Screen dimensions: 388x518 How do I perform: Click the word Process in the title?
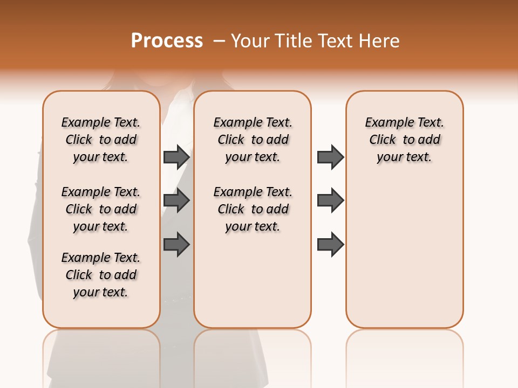[167, 41]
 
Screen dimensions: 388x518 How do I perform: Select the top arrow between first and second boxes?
[176, 157]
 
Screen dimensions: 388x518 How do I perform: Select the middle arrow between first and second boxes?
[176, 200]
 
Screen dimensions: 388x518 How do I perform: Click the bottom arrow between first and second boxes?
[176, 245]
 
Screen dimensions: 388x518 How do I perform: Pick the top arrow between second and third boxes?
[330, 157]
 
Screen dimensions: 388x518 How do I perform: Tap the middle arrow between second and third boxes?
[330, 200]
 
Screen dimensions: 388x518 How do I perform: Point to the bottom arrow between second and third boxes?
[330, 245]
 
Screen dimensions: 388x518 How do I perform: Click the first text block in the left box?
[101, 140]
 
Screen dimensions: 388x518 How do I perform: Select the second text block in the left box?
[101, 209]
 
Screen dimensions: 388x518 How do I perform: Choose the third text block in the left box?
[101, 275]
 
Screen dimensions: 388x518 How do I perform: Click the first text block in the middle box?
[253, 140]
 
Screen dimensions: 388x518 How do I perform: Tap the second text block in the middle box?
[253, 209]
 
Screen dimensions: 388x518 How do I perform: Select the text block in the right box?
[404, 140]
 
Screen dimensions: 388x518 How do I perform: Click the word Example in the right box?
[385, 123]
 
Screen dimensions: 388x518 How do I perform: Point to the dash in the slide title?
[219, 41]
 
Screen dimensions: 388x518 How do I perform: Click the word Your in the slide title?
[250, 41]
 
